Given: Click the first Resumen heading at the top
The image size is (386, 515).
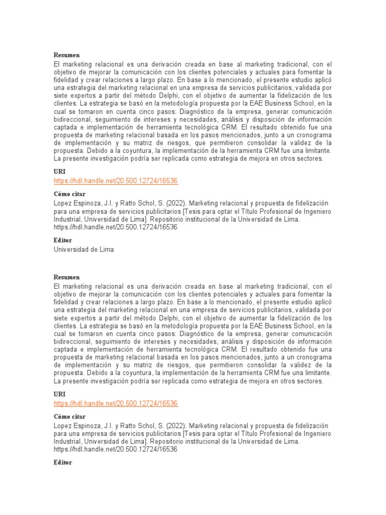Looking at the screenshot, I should (67, 55).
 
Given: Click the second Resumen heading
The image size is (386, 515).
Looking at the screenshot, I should (67, 277).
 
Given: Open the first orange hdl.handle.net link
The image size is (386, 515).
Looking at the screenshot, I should (116, 181).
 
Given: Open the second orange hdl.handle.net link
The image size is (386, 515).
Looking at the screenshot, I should (116, 404).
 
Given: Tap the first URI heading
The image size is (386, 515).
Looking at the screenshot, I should (59, 172).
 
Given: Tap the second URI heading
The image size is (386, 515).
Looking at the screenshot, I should (59, 395).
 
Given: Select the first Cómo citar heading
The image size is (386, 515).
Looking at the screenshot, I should (70, 194).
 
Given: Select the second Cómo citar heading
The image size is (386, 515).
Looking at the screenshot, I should (70, 416).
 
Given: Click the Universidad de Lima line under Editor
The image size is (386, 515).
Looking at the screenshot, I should (84, 249).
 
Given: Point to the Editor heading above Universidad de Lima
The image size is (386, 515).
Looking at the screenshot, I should (63, 240).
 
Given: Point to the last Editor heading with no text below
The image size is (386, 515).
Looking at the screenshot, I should (63, 462).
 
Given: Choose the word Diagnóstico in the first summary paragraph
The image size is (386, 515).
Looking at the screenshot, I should (213, 111).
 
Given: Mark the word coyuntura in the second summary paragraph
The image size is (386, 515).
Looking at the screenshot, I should (135, 373).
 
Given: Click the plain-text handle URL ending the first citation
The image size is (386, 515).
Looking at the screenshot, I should (116, 227).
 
